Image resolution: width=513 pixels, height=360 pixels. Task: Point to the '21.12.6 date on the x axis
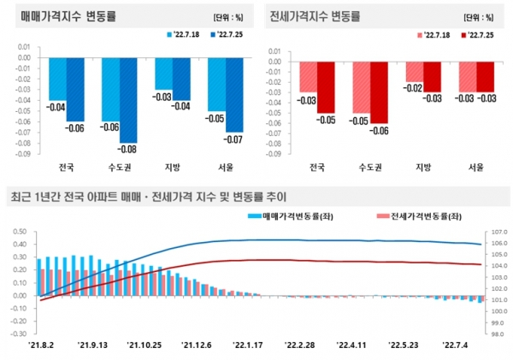tap(196, 345)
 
